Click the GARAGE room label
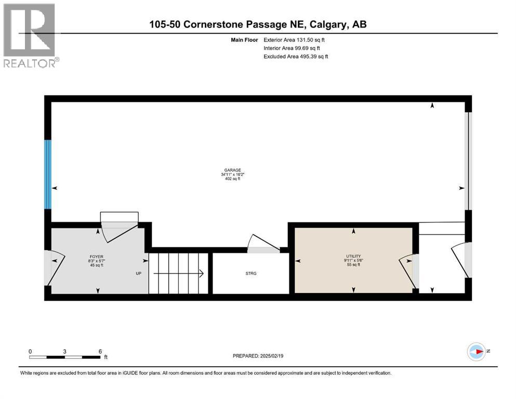[x=232, y=170]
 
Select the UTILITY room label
[x=353, y=256]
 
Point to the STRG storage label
[x=251, y=273]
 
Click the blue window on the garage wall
[x=48, y=174]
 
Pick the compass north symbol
[x=476, y=352]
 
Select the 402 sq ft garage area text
[x=232, y=179]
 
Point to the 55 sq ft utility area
[x=353, y=265]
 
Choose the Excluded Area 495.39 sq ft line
[x=296, y=56]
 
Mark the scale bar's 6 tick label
[x=100, y=351]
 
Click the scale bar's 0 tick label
[x=30, y=351]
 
